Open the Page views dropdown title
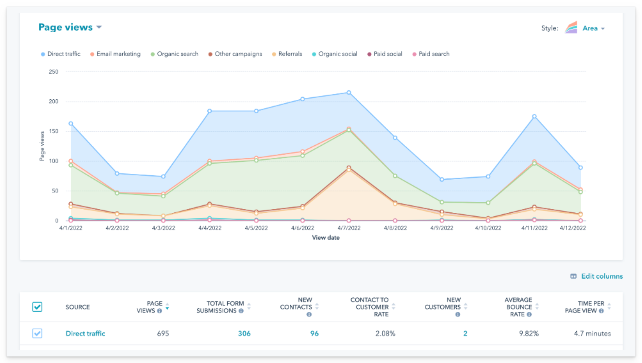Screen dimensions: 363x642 tap(70, 27)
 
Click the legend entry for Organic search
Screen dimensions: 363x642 tap(177, 54)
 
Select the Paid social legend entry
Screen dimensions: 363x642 tap(388, 54)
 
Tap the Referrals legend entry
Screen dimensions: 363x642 tap(290, 54)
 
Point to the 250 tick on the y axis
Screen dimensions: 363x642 tap(53, 72)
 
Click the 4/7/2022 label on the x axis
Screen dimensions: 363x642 tap(349, 228)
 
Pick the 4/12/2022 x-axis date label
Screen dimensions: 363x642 tap(573, 228)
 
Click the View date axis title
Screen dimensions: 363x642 tap(326, 238)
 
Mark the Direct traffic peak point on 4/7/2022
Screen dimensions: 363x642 tap(349, 93)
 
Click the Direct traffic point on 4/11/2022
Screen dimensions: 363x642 tap(534, 116)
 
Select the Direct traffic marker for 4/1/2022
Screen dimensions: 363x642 tap(71, 123)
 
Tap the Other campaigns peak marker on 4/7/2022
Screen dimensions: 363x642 tap(349, 168)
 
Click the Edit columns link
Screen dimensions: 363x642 tap(602, 276)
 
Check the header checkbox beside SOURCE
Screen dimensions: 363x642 tap(37, 307)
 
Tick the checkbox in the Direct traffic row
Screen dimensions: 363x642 tap(37, 333)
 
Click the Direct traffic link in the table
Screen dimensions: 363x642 tap(85, 334)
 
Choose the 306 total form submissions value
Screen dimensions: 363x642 tap(244, 334)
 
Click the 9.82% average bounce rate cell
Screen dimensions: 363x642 tap(528, 334)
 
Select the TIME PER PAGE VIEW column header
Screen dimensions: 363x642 tap(584, 307)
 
